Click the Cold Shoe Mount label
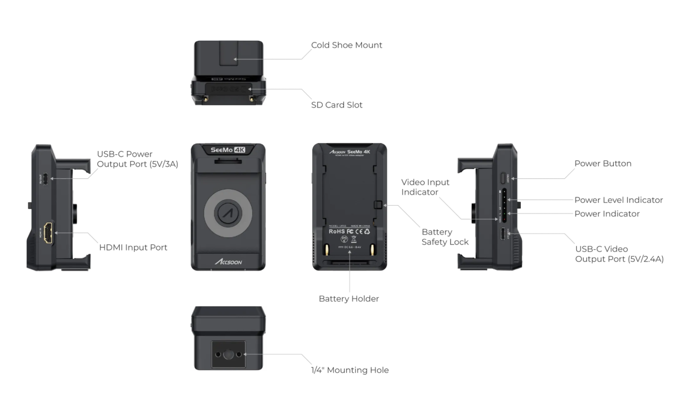point(346,45)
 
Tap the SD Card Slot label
point(337,105)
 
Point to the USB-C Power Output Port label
point(137,159)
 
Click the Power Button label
point(602,164)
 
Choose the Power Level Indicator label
point(618,200)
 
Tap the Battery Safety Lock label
point(445,236)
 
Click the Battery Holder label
point(349,298)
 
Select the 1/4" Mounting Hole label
point(350,370)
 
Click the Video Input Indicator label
point(425,187)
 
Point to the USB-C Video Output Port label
point(619,254)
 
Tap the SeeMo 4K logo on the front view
point(228,150)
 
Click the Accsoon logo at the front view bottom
point(228,262)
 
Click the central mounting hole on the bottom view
point(228,354)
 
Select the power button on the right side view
point(503,178)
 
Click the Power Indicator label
point(606,214)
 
